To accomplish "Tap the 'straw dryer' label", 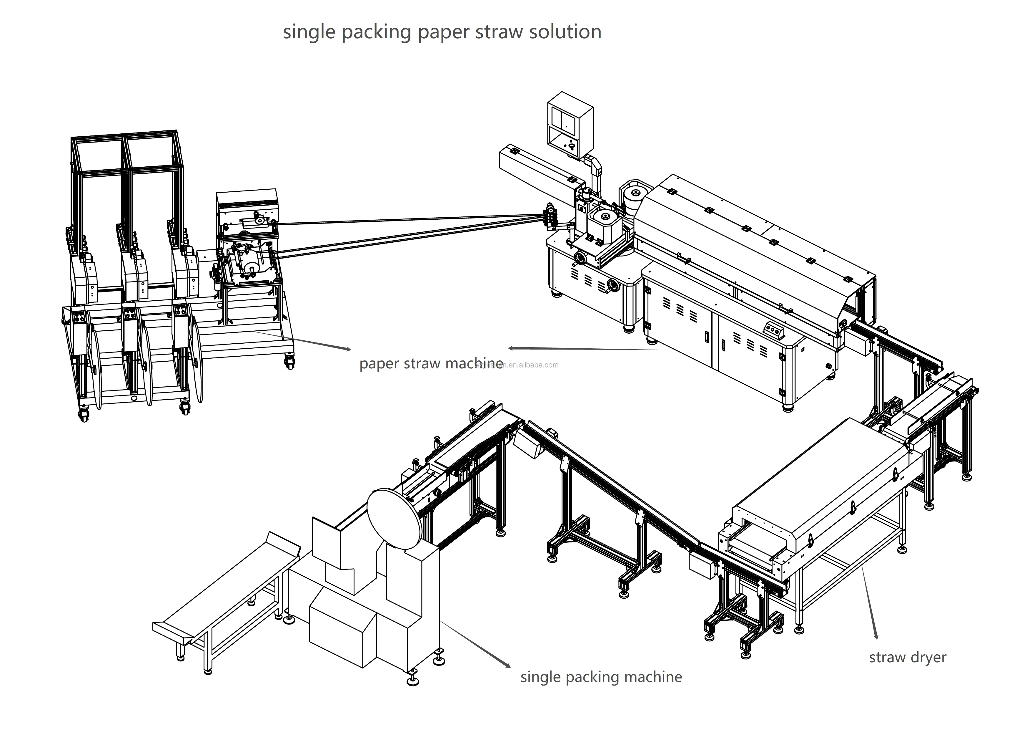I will (x=907, y=658).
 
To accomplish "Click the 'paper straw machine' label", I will (x=431, y=363).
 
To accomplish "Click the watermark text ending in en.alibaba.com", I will (x=530, y=365).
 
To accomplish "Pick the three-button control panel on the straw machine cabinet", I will (x=774, y=331).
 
